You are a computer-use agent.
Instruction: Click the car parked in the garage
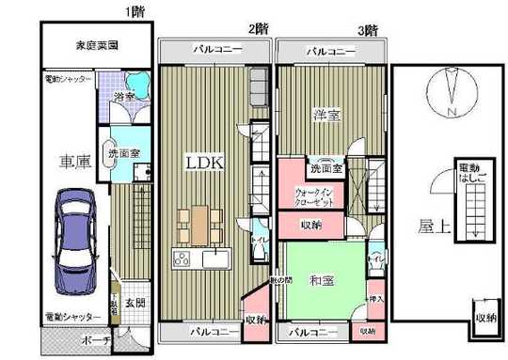[x=73, y=240]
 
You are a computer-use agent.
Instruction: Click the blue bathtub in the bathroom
[x=138, y=82]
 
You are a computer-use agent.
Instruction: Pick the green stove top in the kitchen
[x=180, y=258]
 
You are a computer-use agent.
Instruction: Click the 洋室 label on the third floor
[x=326, y=113]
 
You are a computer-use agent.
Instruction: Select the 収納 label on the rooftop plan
[x=485, y=319]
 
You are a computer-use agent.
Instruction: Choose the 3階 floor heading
[x=365, y=29]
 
